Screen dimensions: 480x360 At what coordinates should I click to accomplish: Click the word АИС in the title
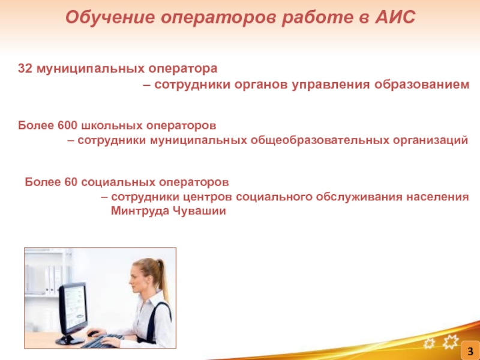pos(395,17)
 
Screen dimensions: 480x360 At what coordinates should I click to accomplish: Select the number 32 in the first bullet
pos(25,68)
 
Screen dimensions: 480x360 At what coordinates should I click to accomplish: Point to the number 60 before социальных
pos(71,182)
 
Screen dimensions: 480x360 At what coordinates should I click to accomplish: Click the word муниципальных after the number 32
pos(91,69)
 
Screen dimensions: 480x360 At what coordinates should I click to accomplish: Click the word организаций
pos(430,140)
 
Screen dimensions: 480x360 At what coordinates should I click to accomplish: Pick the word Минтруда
pos(140,211)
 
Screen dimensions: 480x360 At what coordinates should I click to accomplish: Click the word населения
pos(437,197)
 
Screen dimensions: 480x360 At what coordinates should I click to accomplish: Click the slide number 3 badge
pos(470,351)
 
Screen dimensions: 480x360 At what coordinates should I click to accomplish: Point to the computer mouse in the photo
pos(92,334)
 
